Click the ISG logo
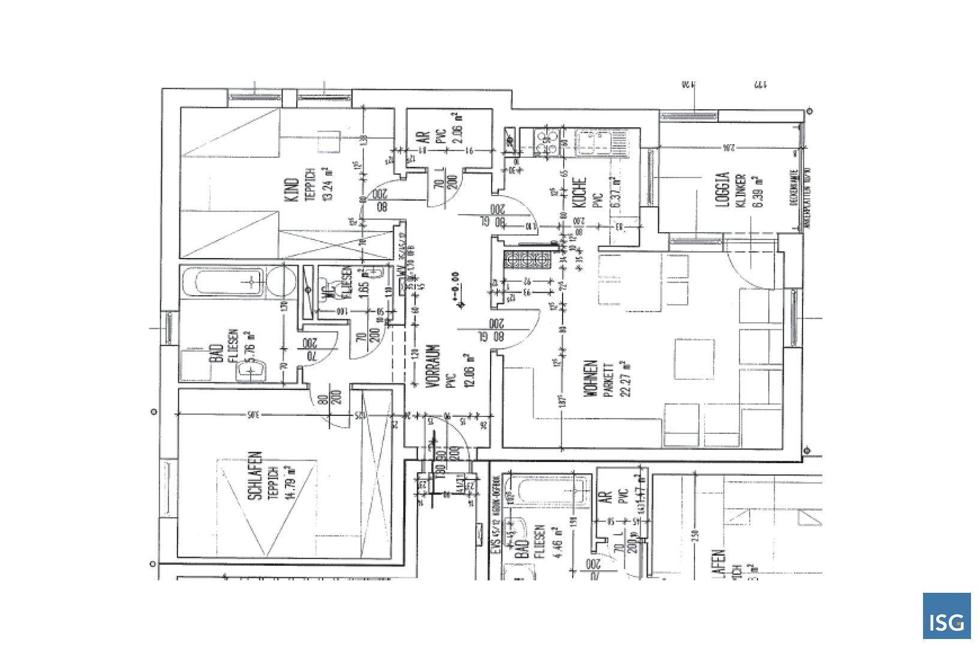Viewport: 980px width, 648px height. pyautogui.click(x=946, y=616)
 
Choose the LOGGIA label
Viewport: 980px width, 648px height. pyautogui.click(x=723, y=190)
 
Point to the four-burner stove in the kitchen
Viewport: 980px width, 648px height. pyautogui.click(x=546, y=144)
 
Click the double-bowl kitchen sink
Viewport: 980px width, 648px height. pyautogui.click(x=594, y=145)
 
